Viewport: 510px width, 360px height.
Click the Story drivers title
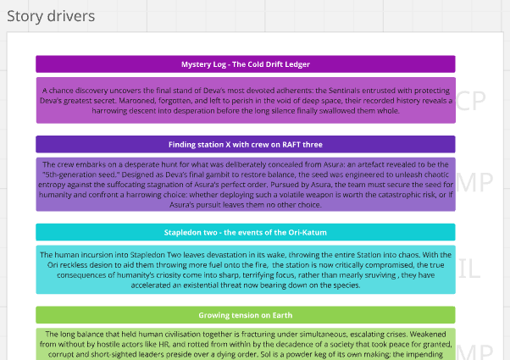(x=51, y=16)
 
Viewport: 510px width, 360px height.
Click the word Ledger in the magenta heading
(x=297, y=64)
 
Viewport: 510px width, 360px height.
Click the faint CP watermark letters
(x=471, y=101)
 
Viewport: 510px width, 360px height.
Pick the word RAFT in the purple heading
(x=291, y=145)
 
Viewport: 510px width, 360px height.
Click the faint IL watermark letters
(x=469, y=269)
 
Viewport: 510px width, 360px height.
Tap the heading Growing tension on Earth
(x=246, y=315)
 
